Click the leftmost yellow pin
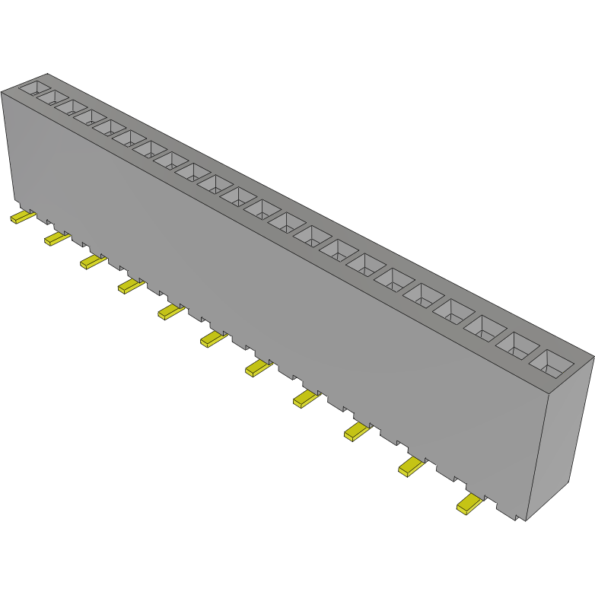tap(22, 218)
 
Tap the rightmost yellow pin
tap(469, 503)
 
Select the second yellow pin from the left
tap(57, 239)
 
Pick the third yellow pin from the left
tap(93, 262)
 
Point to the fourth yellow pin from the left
tap(130, 285)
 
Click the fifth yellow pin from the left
tap(170, 311)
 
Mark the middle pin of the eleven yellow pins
tap(214, 339)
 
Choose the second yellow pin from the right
tap(412, 466)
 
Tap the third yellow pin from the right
tap(357, 431)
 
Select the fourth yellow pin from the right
tap(306, 398)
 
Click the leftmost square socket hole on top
tap(34, 87)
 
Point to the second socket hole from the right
tap(517, 345)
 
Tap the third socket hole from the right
tap(486, 328)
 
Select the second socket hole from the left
tap(52, 97)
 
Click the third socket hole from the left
tap(70, 107)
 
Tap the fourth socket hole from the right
tap(455, 311)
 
